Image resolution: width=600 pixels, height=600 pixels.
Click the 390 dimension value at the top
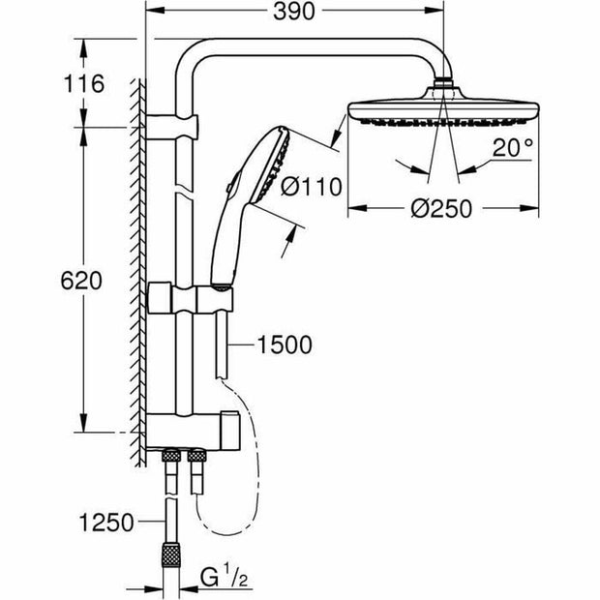click(293, 12)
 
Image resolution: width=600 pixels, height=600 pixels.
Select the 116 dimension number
click(84, 84)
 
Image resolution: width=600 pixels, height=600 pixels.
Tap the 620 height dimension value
click(81, 281)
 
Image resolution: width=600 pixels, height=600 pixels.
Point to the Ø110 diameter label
click(311, 187)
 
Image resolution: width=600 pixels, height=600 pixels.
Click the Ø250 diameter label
click(441, 209)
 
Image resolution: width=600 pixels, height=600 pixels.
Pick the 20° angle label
click(513, 147)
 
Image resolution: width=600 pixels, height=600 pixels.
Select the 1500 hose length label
click(285, 345)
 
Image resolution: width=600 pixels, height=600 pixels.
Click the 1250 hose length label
click(106, 523)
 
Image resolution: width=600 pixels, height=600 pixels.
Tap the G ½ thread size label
click(224, 578)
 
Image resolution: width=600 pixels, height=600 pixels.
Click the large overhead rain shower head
click(443, 108)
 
